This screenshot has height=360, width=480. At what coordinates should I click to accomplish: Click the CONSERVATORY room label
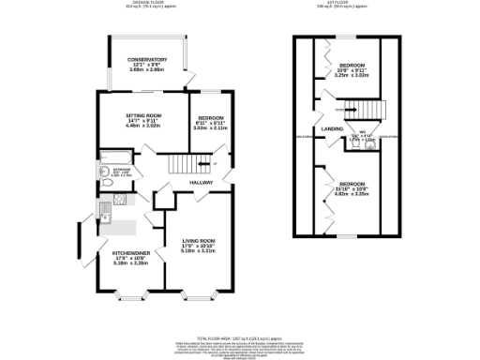click(147, 59)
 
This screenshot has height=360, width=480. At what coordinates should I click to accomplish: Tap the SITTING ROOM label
click(145, 115)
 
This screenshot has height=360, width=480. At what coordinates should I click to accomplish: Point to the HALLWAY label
click(202, 183)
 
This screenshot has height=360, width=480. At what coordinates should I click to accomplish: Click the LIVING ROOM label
click(199, 241)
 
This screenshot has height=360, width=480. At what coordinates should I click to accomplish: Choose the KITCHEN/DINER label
click(128, 253)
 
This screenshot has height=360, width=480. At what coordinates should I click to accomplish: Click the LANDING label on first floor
click(332, 128)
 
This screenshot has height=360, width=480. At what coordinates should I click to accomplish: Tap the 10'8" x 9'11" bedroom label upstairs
click(352, 65)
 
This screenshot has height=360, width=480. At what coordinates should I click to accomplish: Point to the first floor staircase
click(371, 110)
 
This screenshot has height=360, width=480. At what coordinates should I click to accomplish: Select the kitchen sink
click(105, 217)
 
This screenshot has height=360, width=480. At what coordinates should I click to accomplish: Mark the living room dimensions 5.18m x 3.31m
click(199, 251)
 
